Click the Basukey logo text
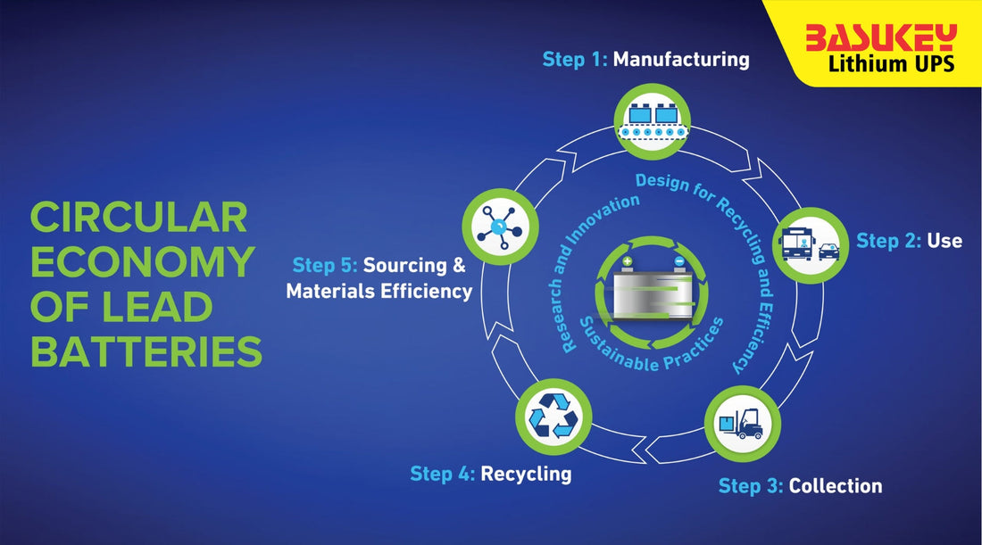pyautogui.click(x=880, y=37)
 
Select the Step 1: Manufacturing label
pyautogui.click(x=645, y=60)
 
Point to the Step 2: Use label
pyautogui.click(x=909, y=240)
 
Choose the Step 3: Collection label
pyautogui.click(x=800, y=486)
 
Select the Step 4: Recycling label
pyautogui.click(x=490, y=473)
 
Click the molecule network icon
pyautogui.click(x=500, y=227)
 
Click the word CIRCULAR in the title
pyautogui.click(x=138, y=218)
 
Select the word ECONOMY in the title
pyautogui.click(x=142, y=262)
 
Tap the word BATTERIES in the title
pyautogui.click(x=146, y=352)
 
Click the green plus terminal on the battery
pyautogui.click(x=627, y=263)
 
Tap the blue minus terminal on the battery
pyautogui.click(x=678, y=263)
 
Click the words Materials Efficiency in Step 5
pyautogui.click(x=379, y=291)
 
